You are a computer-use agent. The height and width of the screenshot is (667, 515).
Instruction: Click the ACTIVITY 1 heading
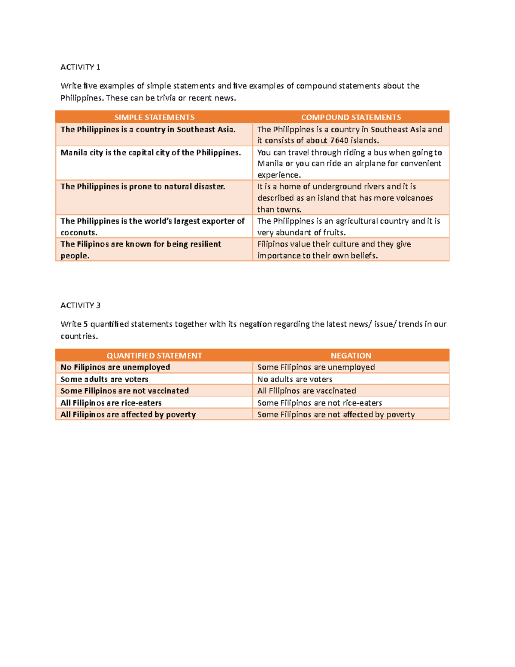pyautogui.click(x=80, y=67)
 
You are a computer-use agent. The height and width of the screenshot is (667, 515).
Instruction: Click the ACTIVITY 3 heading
pyautogui.click(x=80, y=305)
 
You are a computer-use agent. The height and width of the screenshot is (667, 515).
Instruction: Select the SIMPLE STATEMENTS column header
pyautogui.click(x=154, y=117)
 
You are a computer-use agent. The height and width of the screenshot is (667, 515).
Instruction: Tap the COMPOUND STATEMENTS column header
pyautogui.click(x=351, y=117)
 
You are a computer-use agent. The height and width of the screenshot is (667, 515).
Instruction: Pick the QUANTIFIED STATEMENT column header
pyautogui.click(x=154, y=356)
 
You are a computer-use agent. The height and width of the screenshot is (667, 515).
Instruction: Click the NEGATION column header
pyautogui.click(x=351, y=356)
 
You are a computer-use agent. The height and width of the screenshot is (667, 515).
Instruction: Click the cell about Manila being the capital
pyautogui.click(x=151, y=153)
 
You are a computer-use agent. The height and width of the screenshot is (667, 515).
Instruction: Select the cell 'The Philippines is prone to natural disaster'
pyautogui.click(x=142, y=187)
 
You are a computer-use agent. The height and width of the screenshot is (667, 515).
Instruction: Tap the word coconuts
pyautogui.click(x=79, y=233)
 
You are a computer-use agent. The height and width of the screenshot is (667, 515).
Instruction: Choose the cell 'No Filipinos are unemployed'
pyautogui.click(x=115, y=367)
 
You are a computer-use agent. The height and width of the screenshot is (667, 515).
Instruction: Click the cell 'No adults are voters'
pyautogui.click(x=295, y=379)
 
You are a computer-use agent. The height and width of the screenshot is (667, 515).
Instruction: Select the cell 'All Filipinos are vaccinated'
pyautogui.click(x=306, y=391)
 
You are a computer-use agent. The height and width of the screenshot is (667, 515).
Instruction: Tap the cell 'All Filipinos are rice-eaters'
pyautogui.click(x=111, y=403)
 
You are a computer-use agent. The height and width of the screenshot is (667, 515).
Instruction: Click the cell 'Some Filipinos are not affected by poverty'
pyautogui.click(x=336, y=414)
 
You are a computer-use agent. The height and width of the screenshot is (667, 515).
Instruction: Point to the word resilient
pyautogui.click(x=200, y=244)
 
